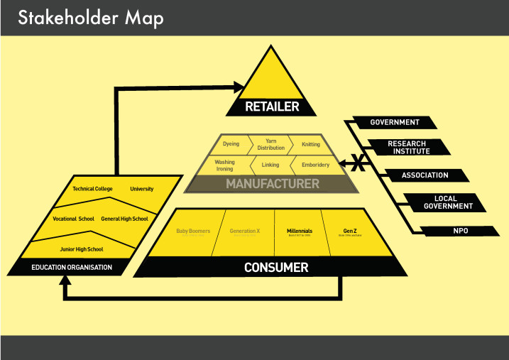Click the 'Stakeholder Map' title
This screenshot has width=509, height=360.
coord(90,18)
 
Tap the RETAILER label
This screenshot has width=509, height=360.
coord(271,107)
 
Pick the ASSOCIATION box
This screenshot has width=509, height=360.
coord(425,175)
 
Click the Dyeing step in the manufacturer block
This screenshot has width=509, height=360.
coord(231,144)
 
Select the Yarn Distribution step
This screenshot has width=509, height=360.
coord(270,144)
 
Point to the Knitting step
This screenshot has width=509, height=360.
coord(310,144)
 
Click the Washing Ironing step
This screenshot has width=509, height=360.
coord(224,165)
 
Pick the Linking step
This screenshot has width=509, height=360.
coord(270,165)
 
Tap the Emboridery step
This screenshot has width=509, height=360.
coord(315,165)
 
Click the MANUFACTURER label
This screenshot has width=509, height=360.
coord(272,184)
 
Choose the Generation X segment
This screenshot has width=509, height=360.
coord(245,231)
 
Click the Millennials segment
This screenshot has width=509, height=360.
coord(300,231)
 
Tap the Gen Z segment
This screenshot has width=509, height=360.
coord(349,231)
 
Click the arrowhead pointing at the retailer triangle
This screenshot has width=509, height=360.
coord(239,87)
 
